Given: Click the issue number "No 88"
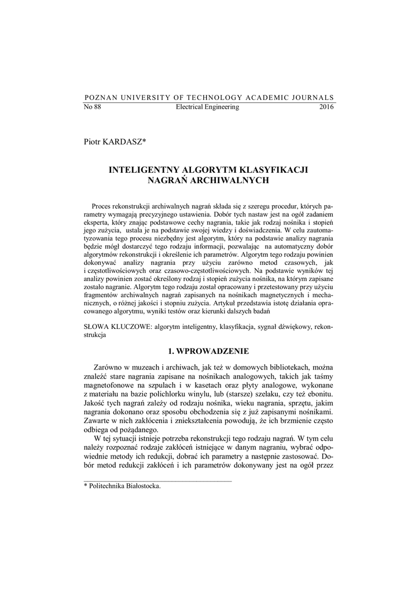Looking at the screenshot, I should (93, 108).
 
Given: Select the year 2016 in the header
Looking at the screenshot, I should (326, 108).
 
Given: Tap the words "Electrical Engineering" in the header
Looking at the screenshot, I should (207, 108).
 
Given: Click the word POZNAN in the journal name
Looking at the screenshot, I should (100, 97).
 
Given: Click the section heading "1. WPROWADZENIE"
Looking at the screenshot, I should (208, 350).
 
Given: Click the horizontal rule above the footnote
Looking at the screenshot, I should (157, 480).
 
